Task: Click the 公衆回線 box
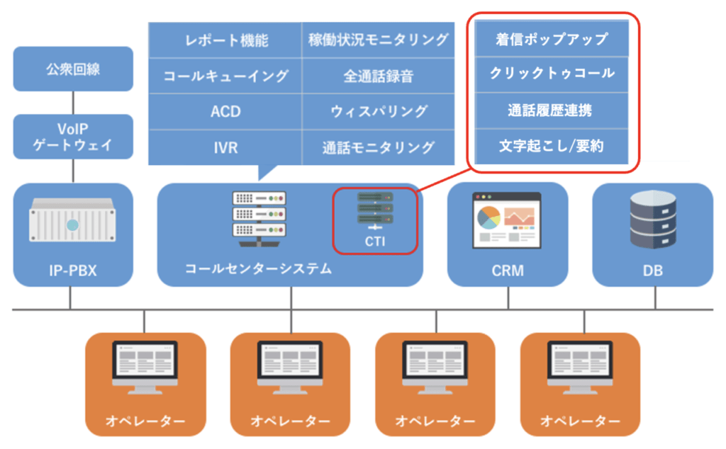point(73,69)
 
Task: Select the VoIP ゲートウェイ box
point(73,137)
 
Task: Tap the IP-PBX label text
point(73,271)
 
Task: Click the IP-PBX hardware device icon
point(72,220)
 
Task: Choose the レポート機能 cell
point(225,40)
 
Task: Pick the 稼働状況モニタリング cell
point(379,40)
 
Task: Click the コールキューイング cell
point(225,76)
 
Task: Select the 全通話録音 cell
point(379,76)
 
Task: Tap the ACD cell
point(225,111)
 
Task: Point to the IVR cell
point(225,147)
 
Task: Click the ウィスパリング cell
point(379,111)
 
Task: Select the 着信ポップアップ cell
point(552,39)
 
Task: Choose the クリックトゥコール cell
point(552,74)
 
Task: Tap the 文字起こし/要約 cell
point(552,146)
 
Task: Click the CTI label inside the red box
point(375,241)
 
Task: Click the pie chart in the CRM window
point(488,218)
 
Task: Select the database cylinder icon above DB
point(653,220)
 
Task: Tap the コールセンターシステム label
point(258,268)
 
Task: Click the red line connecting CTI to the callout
point(444,180)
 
